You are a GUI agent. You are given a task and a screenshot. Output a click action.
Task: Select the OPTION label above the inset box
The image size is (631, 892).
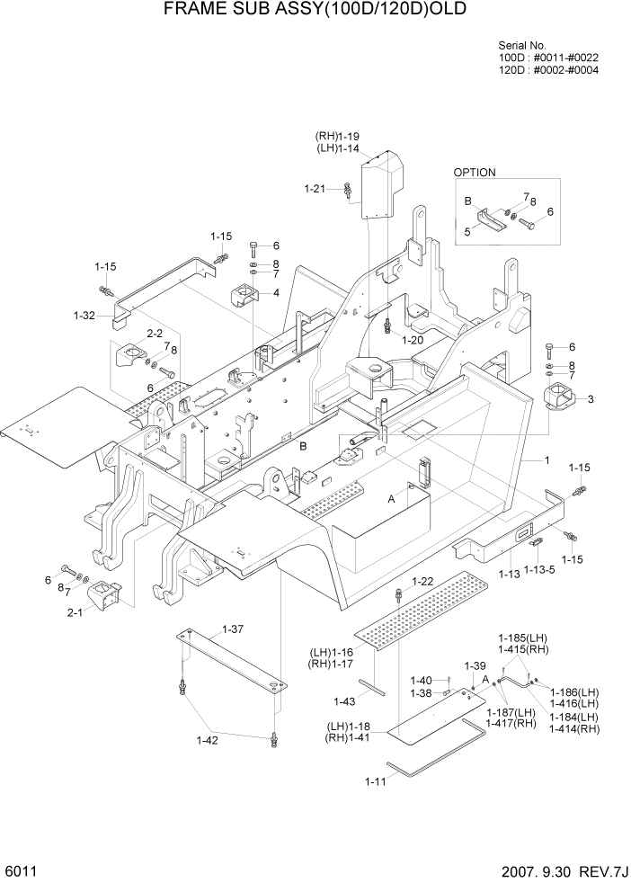tap(474, 173)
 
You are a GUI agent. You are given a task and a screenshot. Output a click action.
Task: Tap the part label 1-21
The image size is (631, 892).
tap(315, 189)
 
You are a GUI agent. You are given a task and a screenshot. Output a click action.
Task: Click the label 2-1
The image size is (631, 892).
tap(75, 613)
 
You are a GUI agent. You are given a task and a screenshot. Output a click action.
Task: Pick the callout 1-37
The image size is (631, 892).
tap(232, 629)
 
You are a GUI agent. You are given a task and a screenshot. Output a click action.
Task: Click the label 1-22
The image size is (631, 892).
tap(422, 582)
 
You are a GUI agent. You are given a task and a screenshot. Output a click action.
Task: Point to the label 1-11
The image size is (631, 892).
tap(376, 780)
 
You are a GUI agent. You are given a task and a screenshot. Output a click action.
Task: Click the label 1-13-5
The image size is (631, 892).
tap(539, 570)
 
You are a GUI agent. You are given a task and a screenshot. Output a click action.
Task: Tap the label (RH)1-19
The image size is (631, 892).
tap(338, 136)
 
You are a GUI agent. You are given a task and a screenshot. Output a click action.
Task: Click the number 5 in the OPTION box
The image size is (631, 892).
tap(467, 231)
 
